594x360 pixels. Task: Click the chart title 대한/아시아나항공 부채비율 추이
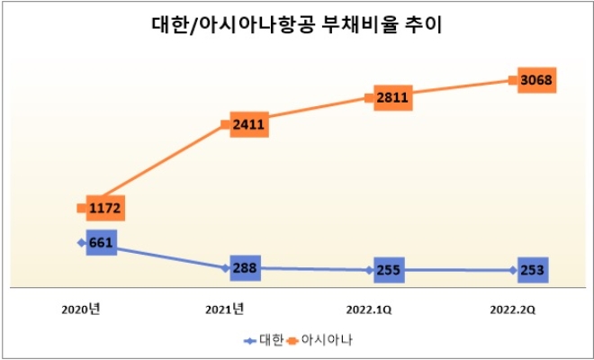click(x=297, y=26)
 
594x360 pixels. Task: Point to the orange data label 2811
click(x=392, y=97)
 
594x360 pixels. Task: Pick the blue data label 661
click(x=103, y=242)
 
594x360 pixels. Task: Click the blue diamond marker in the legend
click(x=250, y=341)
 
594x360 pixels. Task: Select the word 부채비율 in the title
click(x=360, y=26)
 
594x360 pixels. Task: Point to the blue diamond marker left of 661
click(x=82, y=242)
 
